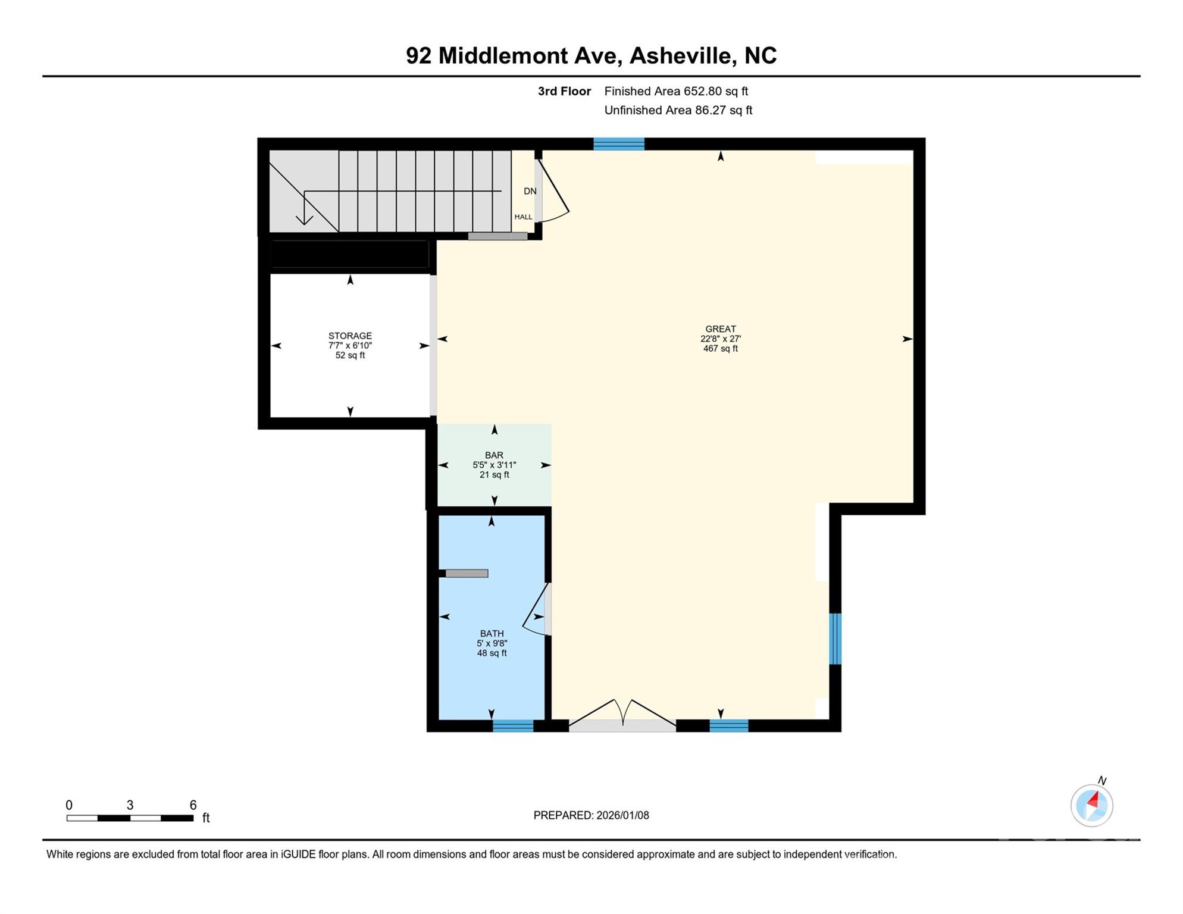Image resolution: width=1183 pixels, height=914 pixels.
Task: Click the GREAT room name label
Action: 720,329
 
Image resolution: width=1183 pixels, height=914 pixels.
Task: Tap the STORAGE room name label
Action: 350,336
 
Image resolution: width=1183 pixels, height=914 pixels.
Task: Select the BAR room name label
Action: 494,455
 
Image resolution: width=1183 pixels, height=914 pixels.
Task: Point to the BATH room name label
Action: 492,634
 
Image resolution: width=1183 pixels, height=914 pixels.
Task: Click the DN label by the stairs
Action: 530,191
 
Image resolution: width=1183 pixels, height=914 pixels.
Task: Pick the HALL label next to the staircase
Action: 523,217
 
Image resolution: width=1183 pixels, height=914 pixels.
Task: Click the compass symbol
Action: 1091,806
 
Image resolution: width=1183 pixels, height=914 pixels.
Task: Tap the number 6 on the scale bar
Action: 193,805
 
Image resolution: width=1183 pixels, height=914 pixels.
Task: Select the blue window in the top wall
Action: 619,143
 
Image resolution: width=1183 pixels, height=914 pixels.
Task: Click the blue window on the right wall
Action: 835,638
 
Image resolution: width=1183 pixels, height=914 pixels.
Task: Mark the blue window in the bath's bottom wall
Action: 513,725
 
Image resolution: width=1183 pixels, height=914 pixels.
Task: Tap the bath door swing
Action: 536,613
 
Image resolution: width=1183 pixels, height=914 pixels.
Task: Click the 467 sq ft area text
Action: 720,349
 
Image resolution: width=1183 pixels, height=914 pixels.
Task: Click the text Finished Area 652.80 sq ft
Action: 675,91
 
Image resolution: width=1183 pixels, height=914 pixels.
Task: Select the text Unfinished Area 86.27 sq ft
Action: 678,110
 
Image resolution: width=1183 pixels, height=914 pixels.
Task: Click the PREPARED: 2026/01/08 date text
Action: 591,815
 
